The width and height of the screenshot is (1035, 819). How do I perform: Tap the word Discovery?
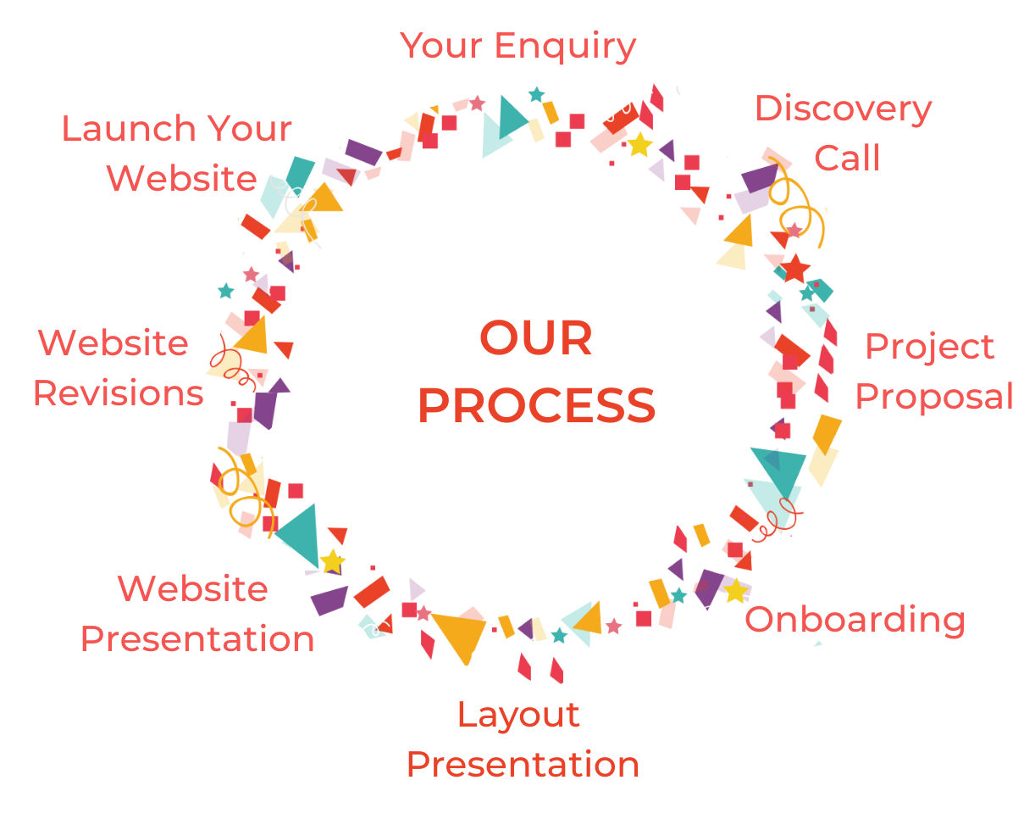pos(843,109)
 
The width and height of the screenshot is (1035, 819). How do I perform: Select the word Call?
pos(847,158)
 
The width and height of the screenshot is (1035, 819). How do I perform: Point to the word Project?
pos(930,348)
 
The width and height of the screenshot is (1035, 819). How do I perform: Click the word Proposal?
pos(934,397)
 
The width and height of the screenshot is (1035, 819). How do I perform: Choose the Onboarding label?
pos(855,620)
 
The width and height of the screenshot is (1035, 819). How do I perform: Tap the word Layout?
pos(518,715)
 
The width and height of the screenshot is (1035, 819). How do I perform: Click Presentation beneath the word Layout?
pos(523,765)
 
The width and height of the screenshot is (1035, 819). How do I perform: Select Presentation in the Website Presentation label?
pos(197,638)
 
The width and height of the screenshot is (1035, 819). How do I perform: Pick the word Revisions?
pos(119,393)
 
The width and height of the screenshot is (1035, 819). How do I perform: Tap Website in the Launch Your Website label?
pos(182,179)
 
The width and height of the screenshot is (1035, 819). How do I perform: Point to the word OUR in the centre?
pos(536,339)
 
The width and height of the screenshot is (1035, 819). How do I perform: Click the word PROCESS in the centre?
pos(536,406)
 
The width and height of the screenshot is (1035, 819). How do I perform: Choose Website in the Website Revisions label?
pos(113,343)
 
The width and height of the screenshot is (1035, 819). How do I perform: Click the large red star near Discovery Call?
pos(795,269)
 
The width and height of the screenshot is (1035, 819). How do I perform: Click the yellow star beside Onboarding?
pos(735,591)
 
